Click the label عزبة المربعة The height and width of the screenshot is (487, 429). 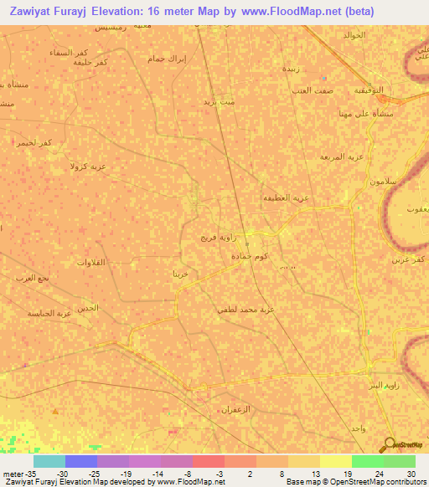click(x=341, y=156)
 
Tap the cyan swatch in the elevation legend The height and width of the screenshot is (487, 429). click(x=49, y=461)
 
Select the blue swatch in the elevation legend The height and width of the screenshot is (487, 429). click(x=80, y=461)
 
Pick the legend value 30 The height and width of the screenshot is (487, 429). click(x=410, y=474)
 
